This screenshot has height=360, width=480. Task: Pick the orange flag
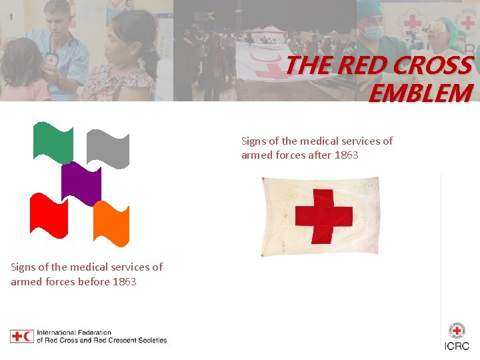[x=111, y=223]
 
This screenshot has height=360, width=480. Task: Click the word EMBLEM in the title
[x=420, y=94]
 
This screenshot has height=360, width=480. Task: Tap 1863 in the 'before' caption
[x=125, y=281]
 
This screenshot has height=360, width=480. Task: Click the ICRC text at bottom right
[x=457, y=345]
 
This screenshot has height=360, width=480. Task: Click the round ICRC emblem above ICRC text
[x=457, y=330]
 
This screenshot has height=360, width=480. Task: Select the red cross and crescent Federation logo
[x=22, y=336]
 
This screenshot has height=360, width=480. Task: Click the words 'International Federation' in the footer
[x=74, y=332]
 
